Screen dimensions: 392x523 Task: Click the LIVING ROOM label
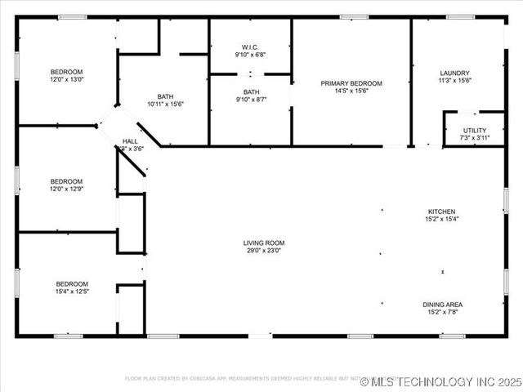[x=263, y=243]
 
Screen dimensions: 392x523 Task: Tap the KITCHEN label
[x=441, y=212]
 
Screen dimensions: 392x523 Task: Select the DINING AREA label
[x=442, y=304]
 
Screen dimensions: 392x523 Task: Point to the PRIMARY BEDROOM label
[x=351, y=83]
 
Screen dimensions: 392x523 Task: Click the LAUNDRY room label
[x=455, y=73]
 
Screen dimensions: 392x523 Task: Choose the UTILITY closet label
[x=474, y=130]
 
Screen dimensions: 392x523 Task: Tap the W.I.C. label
[x=251, y=47]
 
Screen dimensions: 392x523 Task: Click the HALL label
[x=130, y=141]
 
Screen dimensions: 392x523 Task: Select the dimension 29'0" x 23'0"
[x=263, y=251]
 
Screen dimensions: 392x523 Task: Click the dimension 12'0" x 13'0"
[x=66, y=80]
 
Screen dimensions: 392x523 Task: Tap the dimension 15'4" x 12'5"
[x=72, y=292]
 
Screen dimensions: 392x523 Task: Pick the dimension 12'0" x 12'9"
[x=66, y=189]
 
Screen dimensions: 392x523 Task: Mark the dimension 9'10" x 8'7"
[x=251, y=100]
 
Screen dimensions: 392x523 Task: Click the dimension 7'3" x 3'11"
[x=474, y=138]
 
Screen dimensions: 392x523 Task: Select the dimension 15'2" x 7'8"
[x=442, y=311]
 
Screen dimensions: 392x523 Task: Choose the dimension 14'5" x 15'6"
[x=351, y=91]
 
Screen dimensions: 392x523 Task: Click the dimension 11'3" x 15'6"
[x=455, y=80]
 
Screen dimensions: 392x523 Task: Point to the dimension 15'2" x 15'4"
[x=441, y=219]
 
